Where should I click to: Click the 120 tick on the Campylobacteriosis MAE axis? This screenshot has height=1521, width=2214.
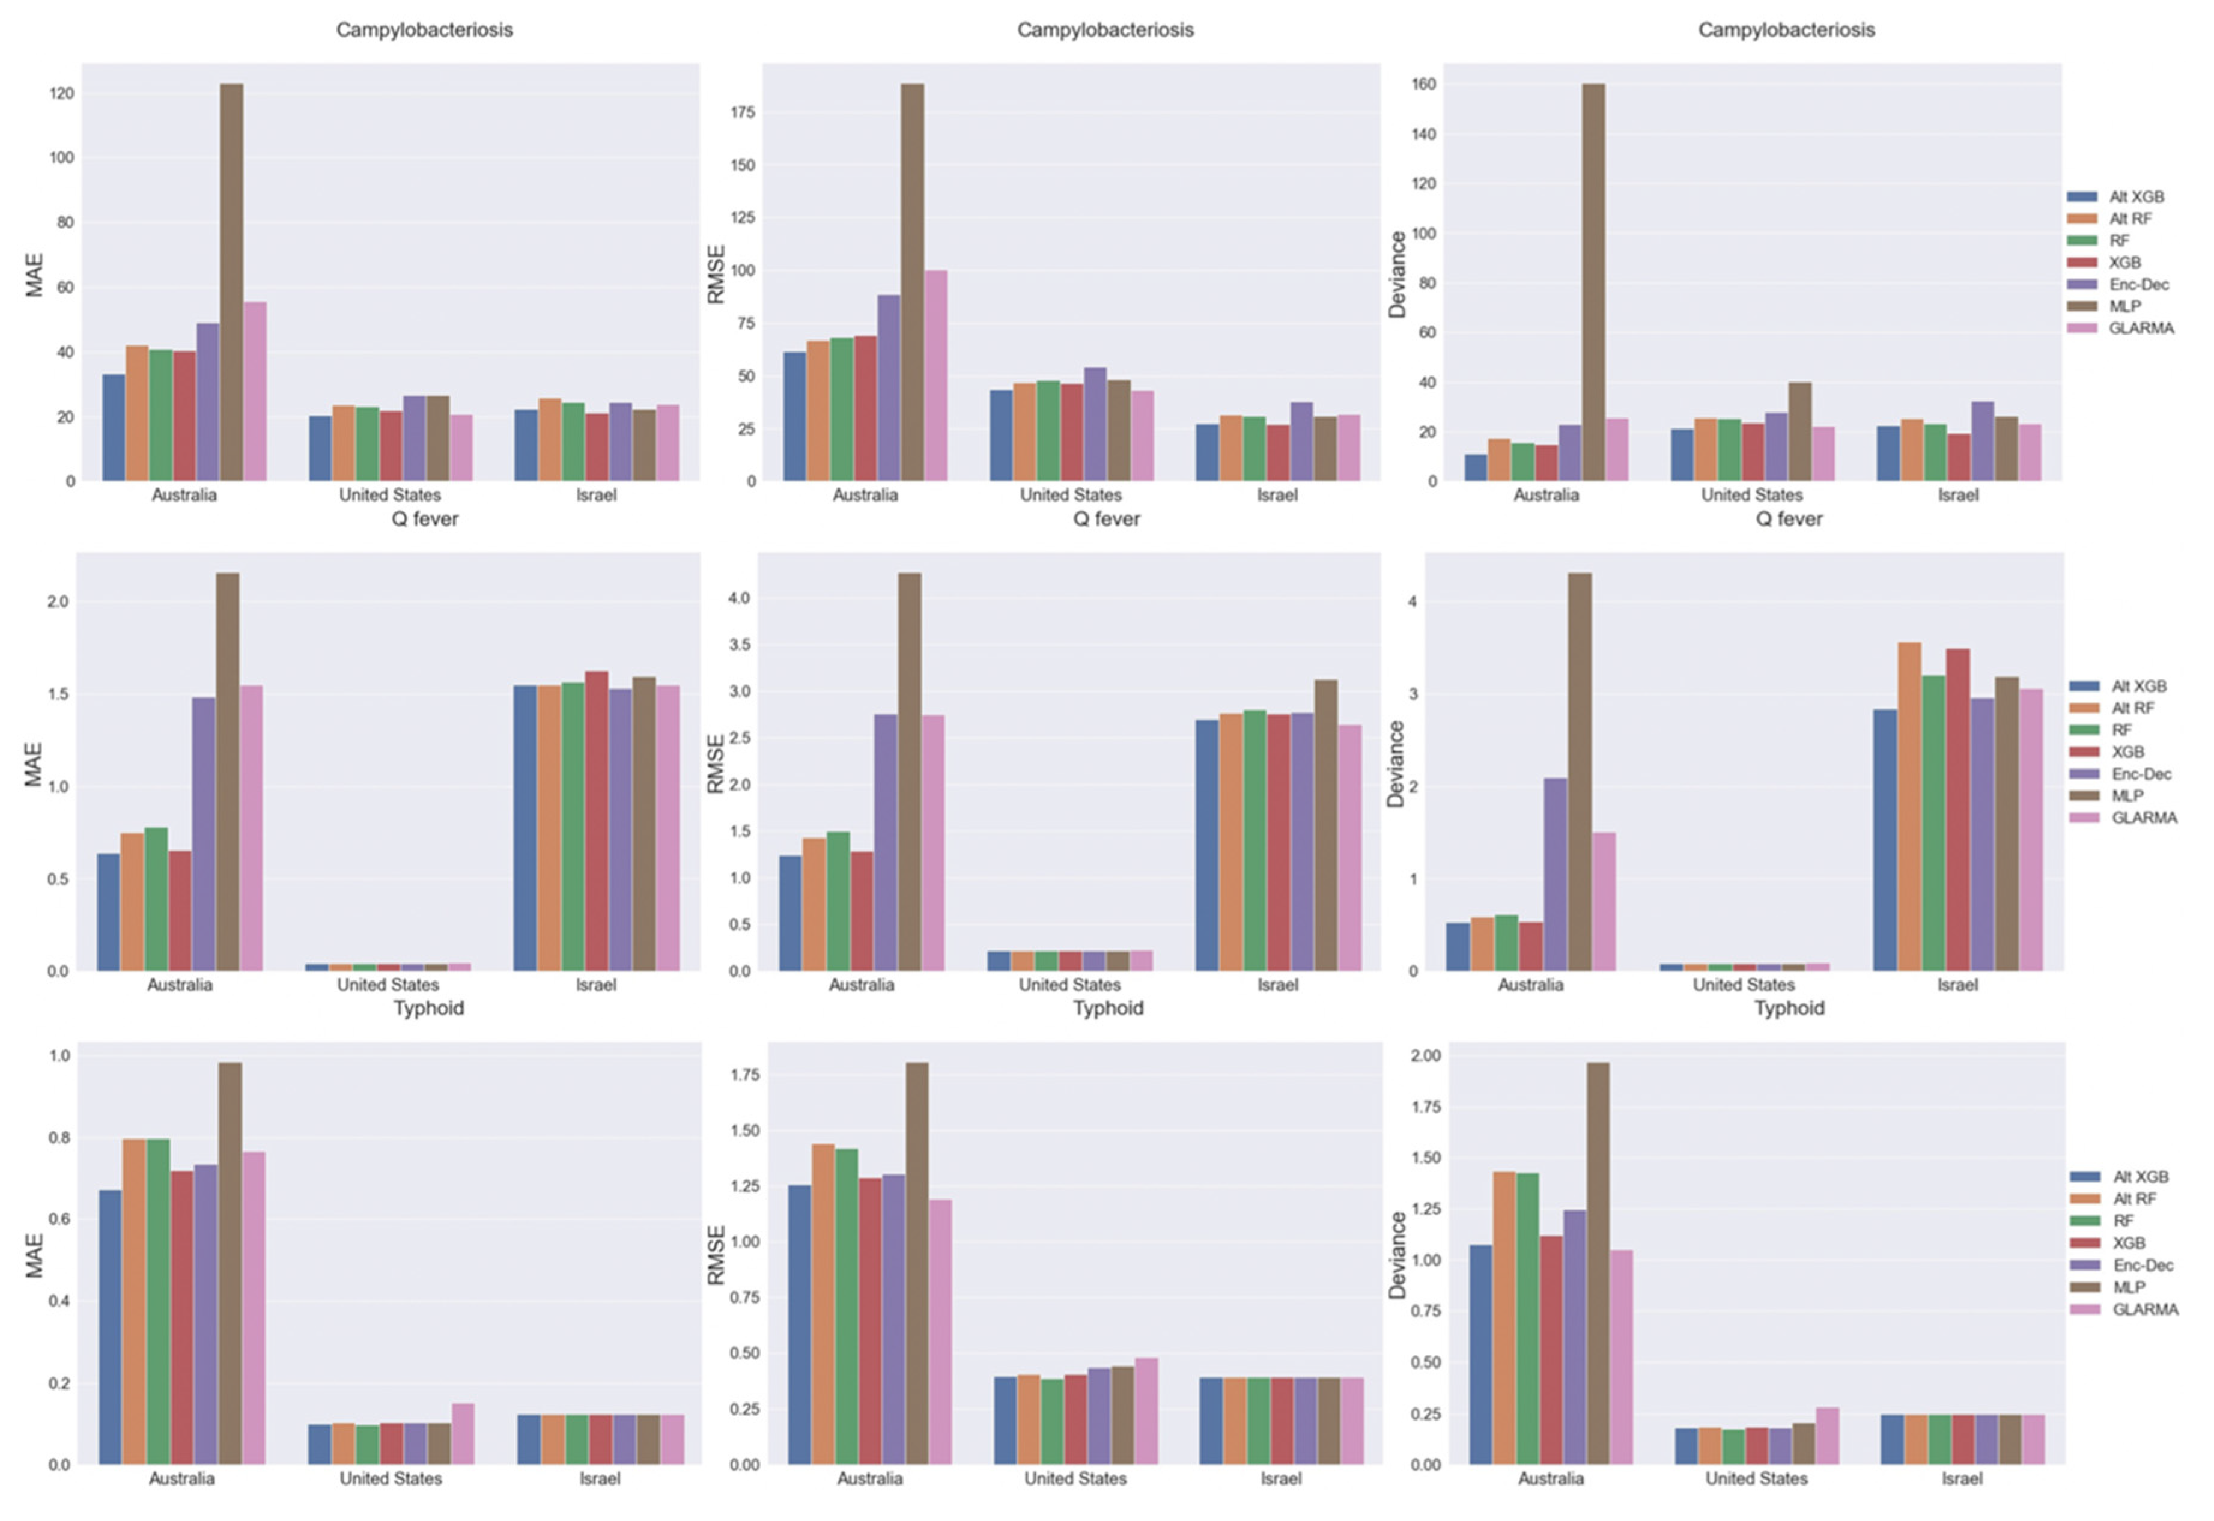click(63, 93)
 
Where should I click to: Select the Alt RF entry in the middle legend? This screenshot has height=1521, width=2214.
click(2133, 708)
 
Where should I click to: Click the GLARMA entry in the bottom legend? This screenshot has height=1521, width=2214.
click(2144, 1310)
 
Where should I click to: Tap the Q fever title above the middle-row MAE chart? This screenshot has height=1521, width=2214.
click(425, 520)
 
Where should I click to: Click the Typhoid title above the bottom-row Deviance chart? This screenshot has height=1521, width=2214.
click(1789, 1008)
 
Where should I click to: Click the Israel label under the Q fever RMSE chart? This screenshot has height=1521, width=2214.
click(1277, 985)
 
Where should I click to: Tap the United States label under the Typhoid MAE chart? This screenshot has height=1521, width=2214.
click(391, 1478)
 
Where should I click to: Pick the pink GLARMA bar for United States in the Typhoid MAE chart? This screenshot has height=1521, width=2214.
click(463, 1434)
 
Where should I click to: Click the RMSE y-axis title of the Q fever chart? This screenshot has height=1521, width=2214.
click(715, 764)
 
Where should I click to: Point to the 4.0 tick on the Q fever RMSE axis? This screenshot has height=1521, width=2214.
click(740, 598)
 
